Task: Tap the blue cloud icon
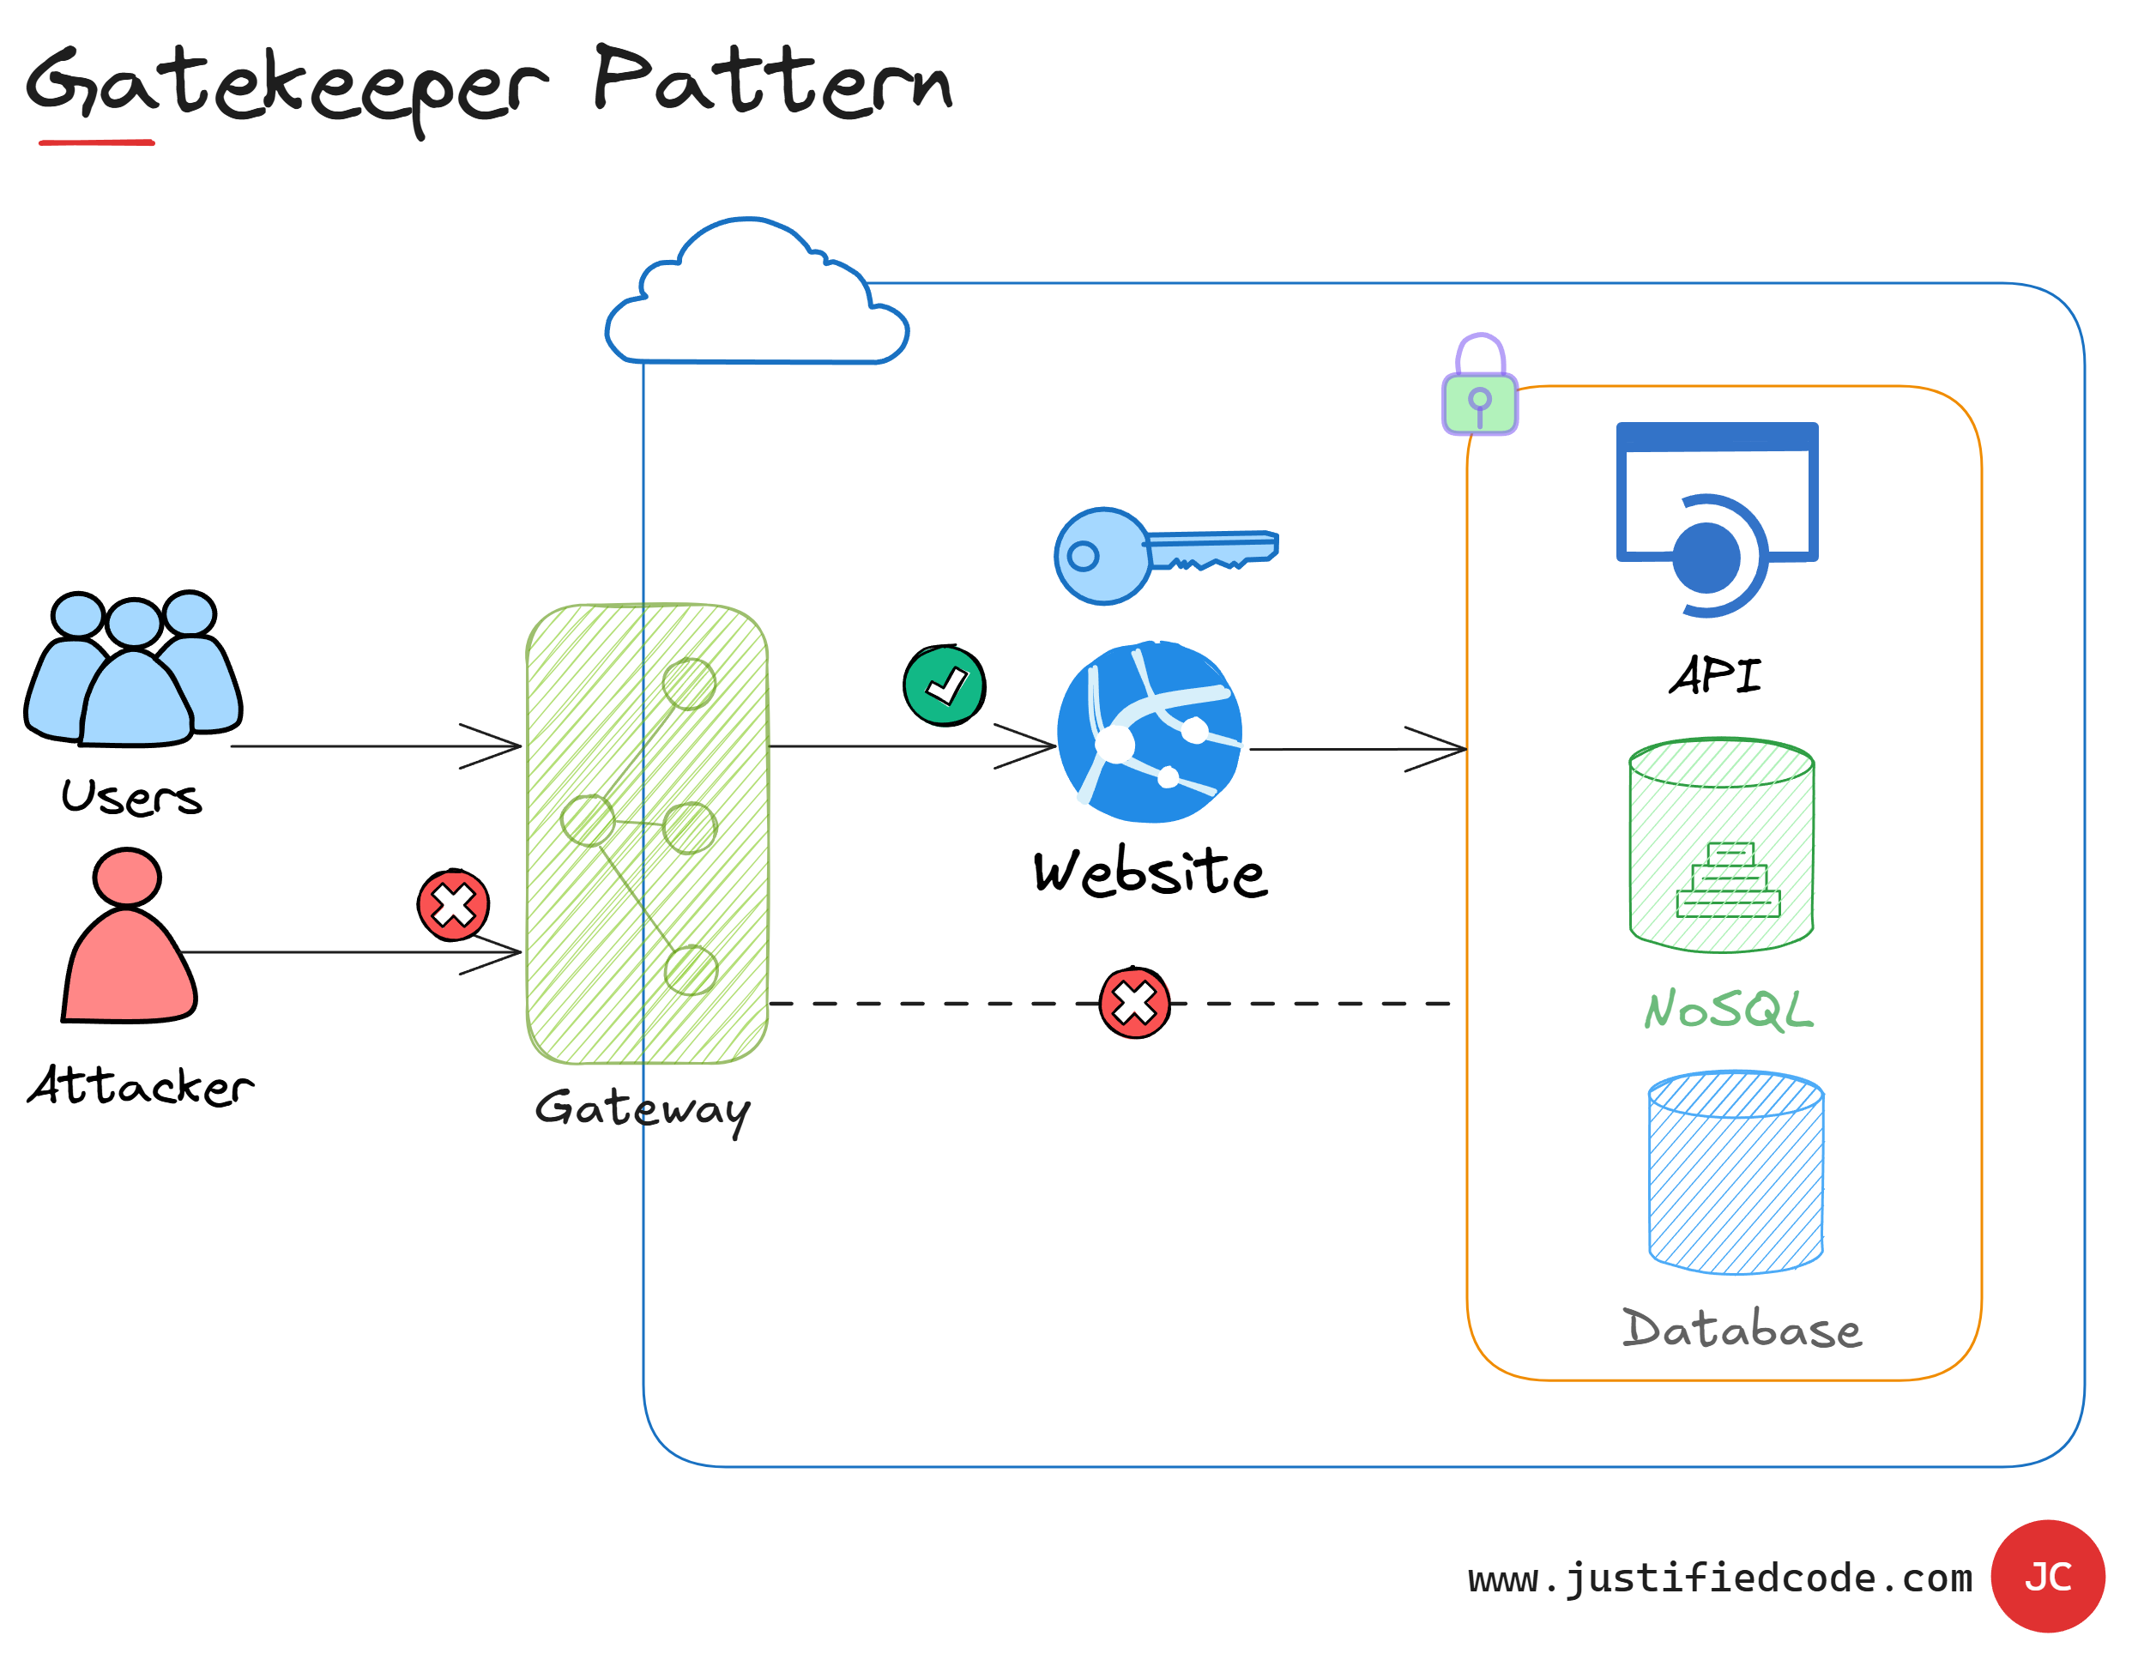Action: coord(757,298)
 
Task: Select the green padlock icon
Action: coord(1480,386)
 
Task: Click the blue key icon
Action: coord(1162,555)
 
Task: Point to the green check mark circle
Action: coord(944,686)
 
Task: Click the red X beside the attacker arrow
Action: coord(453,906)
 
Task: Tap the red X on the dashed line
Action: coord(1134,1002)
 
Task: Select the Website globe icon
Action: coord(1150,732)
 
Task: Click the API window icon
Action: coord(1716,517)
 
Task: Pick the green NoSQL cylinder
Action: coord(1721,844)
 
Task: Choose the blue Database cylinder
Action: coord(1736,1172)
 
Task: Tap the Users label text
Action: coord(132,797)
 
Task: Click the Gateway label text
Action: coord(643,1108)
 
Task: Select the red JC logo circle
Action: coord(2047,1576)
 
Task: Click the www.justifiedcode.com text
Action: coord(1719,1578)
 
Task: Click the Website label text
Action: coord(1150,872)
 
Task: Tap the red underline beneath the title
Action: coord(97,142)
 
